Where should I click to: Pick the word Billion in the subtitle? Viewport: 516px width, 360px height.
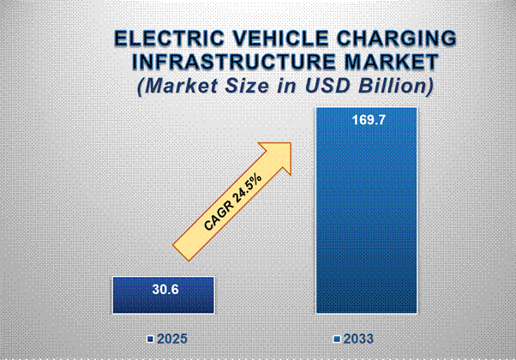coord(394,87)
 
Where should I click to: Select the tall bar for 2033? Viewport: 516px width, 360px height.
coord(366,214)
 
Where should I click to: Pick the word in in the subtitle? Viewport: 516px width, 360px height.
coord(297,87)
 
